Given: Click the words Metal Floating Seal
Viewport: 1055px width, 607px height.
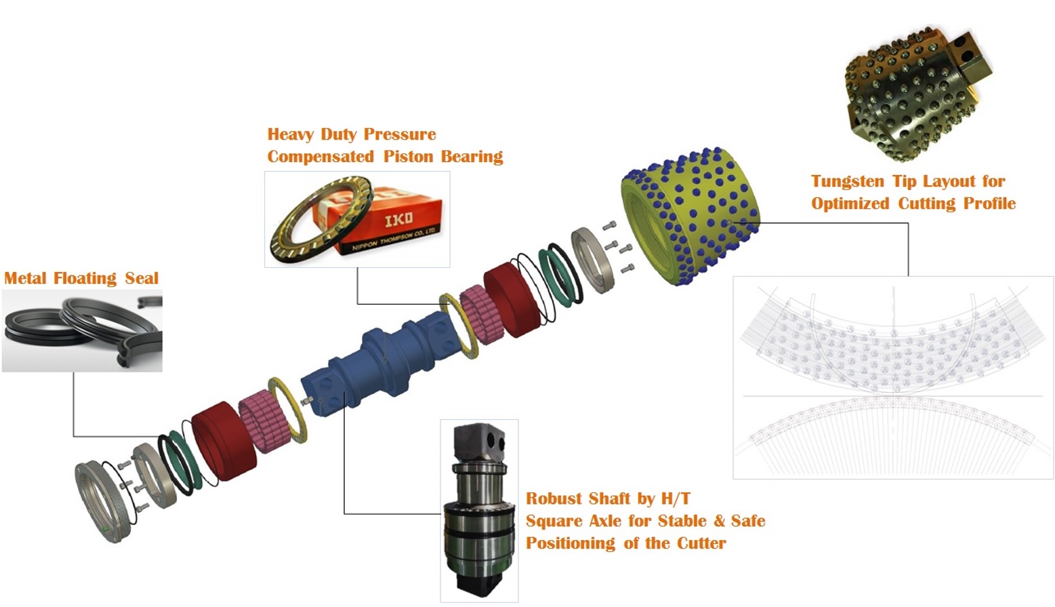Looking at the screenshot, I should coord(81,278).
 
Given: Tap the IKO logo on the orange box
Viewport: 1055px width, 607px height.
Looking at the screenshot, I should coord(398,220).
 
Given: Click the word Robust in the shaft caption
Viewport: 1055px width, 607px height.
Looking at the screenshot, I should coord(554,499).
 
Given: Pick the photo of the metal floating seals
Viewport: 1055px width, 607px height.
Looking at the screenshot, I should coord(82,330).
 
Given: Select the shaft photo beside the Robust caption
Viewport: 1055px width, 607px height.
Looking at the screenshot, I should coord(479,510).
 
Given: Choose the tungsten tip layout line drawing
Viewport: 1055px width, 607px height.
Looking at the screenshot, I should coord(893,377).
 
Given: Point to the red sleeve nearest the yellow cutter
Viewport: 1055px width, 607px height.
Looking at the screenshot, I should coord(513,300).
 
